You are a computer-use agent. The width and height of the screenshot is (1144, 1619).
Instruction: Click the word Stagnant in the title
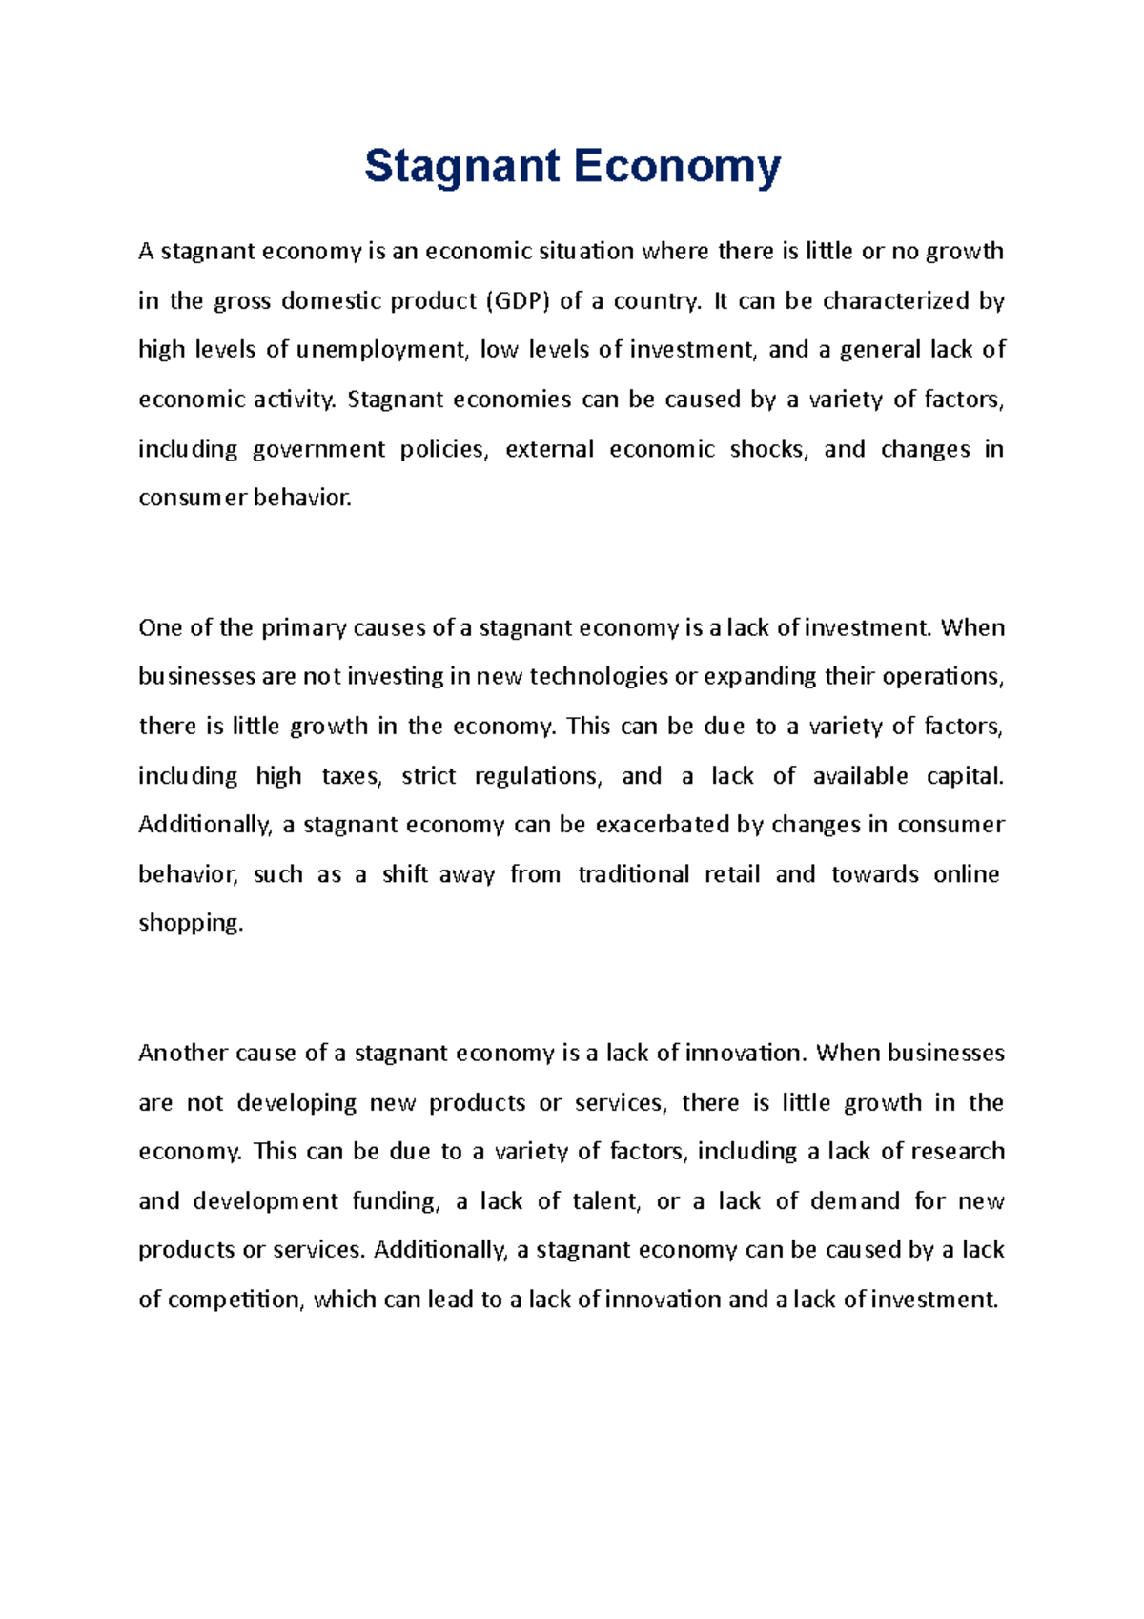coord(461,168)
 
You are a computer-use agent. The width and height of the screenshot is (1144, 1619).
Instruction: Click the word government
coord(318,450)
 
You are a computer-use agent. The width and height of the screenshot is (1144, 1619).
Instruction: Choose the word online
coord(966,874)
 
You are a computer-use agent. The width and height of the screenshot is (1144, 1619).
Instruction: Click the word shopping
coord(191,924)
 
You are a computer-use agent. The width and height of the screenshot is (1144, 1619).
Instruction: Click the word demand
coord(854,1201)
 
